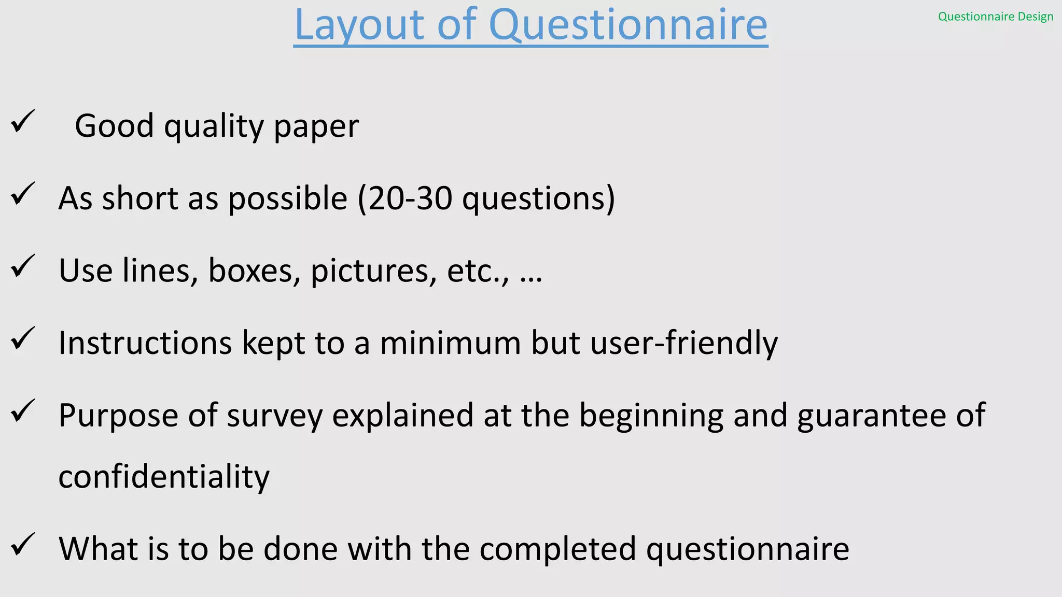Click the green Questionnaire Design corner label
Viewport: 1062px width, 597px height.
tap(995, 17)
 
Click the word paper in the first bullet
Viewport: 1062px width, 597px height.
tap(316, 126)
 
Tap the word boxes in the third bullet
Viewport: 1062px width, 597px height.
tap(254, 271)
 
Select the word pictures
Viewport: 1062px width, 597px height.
tap(373, 271)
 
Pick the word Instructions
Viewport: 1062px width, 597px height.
tap(145, 343)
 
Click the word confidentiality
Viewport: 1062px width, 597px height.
tap(164, 477)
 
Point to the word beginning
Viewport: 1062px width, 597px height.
tap(651, 416)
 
